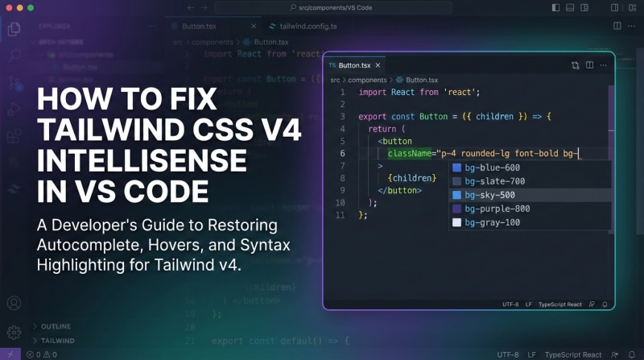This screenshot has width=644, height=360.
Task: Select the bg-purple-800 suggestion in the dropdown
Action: click(497, 209)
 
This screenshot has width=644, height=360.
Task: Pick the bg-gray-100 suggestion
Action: click(493, 222)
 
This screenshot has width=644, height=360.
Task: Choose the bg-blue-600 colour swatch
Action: click(456, 168)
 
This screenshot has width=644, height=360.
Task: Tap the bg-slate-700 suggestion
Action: click(494, 181)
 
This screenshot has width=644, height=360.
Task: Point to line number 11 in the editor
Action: click(341, 215)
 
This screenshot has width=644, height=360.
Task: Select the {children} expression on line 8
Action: click(411, 178)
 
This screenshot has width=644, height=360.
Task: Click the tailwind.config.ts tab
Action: click(302, 26)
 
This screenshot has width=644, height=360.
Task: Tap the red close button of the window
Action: click(9, 7)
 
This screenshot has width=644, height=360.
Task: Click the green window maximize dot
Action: click(31, 7)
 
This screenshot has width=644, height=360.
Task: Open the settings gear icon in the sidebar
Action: click(14, 331)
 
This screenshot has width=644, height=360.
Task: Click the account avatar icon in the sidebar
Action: click(14, 304)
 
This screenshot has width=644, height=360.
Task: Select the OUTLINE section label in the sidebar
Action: click(56, 326)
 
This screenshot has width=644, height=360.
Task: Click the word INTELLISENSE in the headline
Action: click(142, 161)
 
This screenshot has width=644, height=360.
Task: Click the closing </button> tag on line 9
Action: click(399, 190)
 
